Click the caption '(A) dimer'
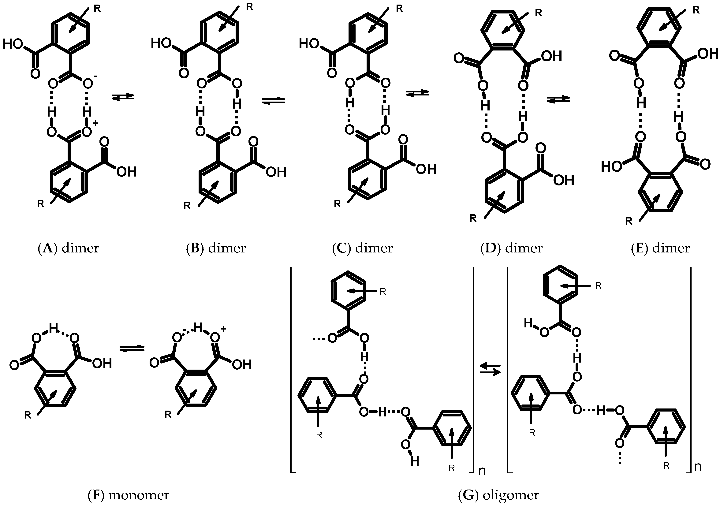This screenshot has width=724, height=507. tap(68, 248)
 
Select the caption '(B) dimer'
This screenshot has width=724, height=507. tap(216, 248)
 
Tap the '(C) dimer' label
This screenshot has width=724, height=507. tap(362, 248)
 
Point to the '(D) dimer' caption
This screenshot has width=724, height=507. tap(511, 248)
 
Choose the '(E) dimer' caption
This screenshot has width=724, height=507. tap(660, 248)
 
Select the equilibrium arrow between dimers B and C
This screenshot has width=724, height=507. tap(273, 101)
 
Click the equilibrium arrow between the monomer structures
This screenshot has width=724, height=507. tap(132, 348)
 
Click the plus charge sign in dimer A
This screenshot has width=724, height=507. tap(95, 123)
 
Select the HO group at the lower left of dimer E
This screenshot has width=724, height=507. tap(611, 166)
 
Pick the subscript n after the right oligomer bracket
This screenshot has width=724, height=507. tap(697, 467)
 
